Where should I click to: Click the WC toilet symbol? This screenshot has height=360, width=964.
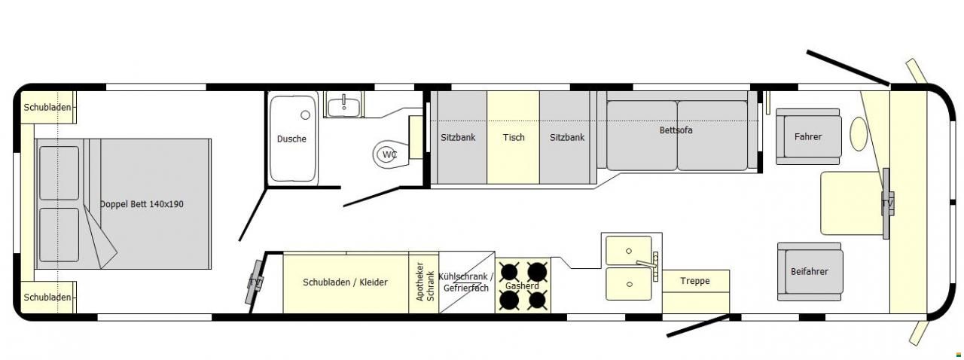click(389, 154)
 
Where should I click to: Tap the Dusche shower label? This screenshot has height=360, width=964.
click(291, 139)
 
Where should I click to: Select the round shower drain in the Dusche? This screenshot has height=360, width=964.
click(306, 115)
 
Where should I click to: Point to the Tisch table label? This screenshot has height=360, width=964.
click(514, 137)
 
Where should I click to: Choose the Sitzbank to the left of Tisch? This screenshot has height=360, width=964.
click(458, 137)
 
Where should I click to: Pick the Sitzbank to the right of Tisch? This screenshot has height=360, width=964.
click(567, 137)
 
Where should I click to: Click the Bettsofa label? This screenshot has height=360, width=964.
click(676, 130)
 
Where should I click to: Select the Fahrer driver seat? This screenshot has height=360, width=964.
click(808, 136)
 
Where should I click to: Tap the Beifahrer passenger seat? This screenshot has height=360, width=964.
click(810, 272)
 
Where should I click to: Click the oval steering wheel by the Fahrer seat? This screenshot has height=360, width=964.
click(858, 133)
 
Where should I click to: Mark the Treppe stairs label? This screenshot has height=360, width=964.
click(695, 281)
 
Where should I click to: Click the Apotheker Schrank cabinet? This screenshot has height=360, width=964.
click(424, 282)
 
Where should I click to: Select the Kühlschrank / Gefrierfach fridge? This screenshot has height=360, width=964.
click(466, 282)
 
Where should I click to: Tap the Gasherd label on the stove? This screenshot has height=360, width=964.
click(522, 286)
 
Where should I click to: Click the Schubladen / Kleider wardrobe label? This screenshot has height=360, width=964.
click(345, 282)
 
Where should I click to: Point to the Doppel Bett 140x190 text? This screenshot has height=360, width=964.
click(142, 204)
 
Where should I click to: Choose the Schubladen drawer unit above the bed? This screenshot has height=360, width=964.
click(48, 108)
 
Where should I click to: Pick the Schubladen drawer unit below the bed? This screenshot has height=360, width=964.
click(48, 297)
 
